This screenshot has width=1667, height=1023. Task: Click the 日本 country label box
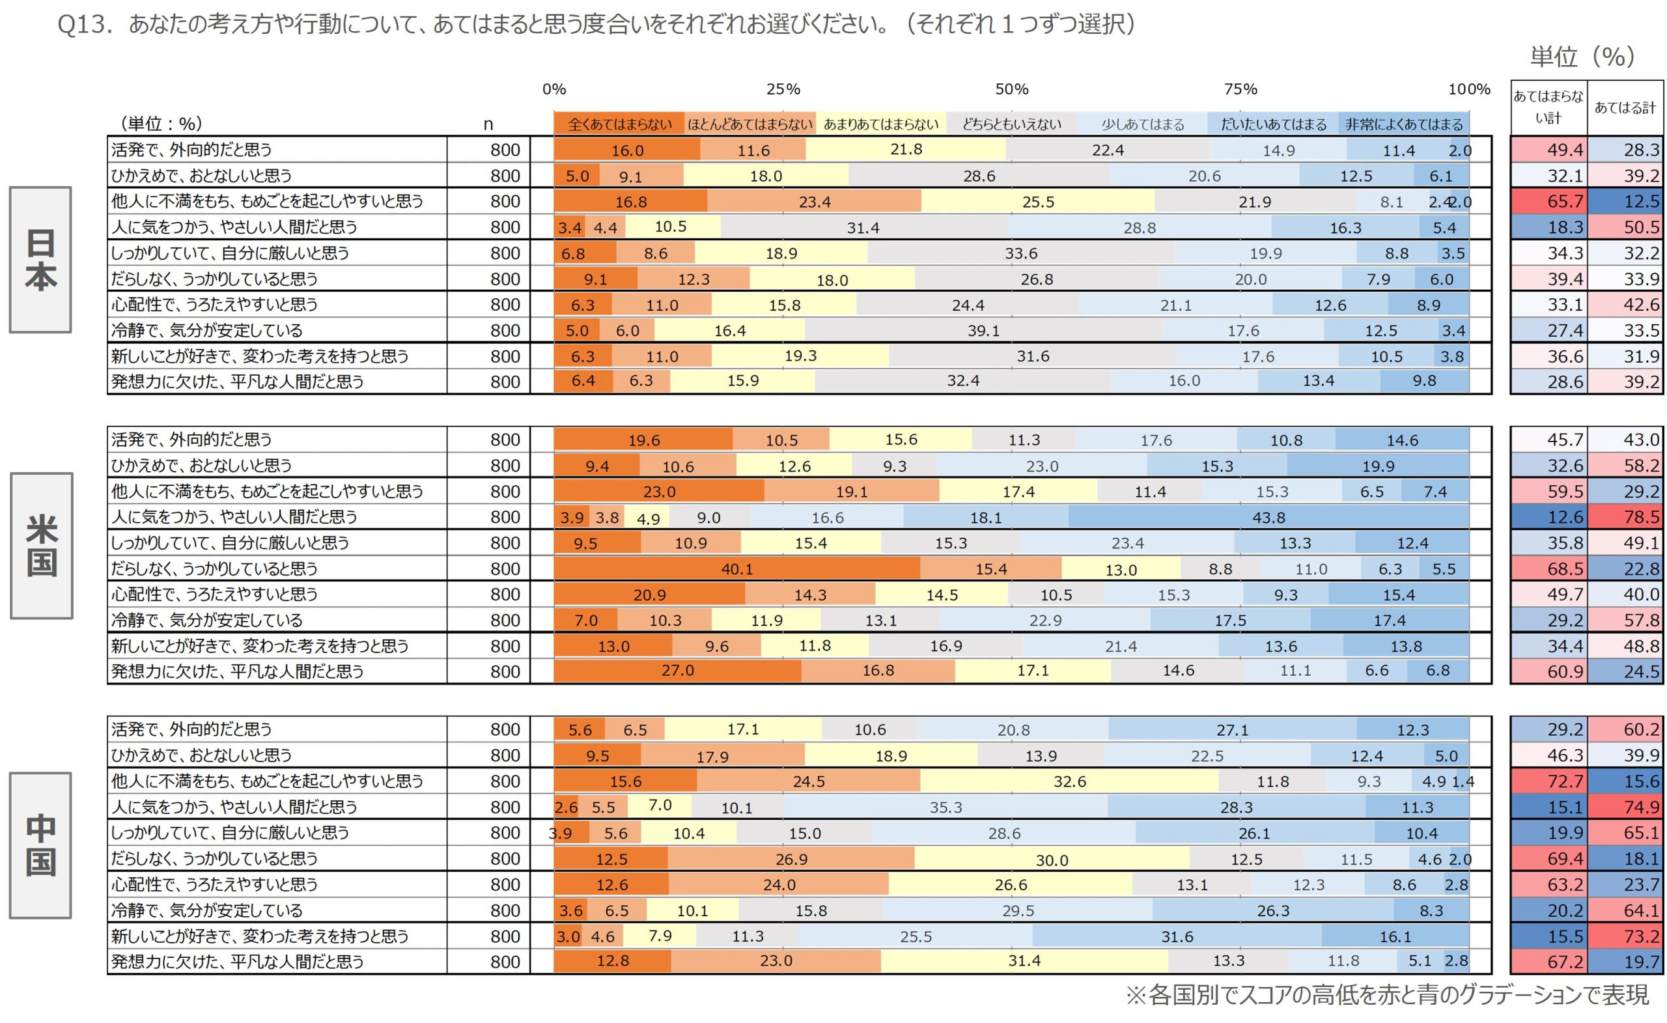coord(40,260)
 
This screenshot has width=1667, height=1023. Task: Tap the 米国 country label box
coord(41,546)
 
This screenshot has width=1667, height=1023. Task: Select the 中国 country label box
coord(40,845)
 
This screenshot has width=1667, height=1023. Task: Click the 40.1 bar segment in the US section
coord(736,569)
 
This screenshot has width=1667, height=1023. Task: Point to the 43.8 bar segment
coord(1268,518)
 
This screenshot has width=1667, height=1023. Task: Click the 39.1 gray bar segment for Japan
coord(983,331)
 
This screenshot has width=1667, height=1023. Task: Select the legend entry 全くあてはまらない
coord(619,124)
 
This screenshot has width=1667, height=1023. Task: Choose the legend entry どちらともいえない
coord(1011,124)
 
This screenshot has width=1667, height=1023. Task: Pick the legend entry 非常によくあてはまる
coord(1404,124)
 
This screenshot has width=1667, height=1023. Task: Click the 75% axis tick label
coord(1240,89)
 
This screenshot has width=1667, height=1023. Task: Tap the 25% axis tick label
coord(783,89)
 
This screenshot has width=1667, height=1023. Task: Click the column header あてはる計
coord(1625,107)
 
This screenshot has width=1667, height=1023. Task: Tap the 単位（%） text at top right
coord(1582,57)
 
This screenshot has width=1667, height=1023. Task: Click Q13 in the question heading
coord(83,25)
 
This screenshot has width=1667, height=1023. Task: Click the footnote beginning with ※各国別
coord(1387,994)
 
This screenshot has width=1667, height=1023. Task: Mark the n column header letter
coord(488,124)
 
